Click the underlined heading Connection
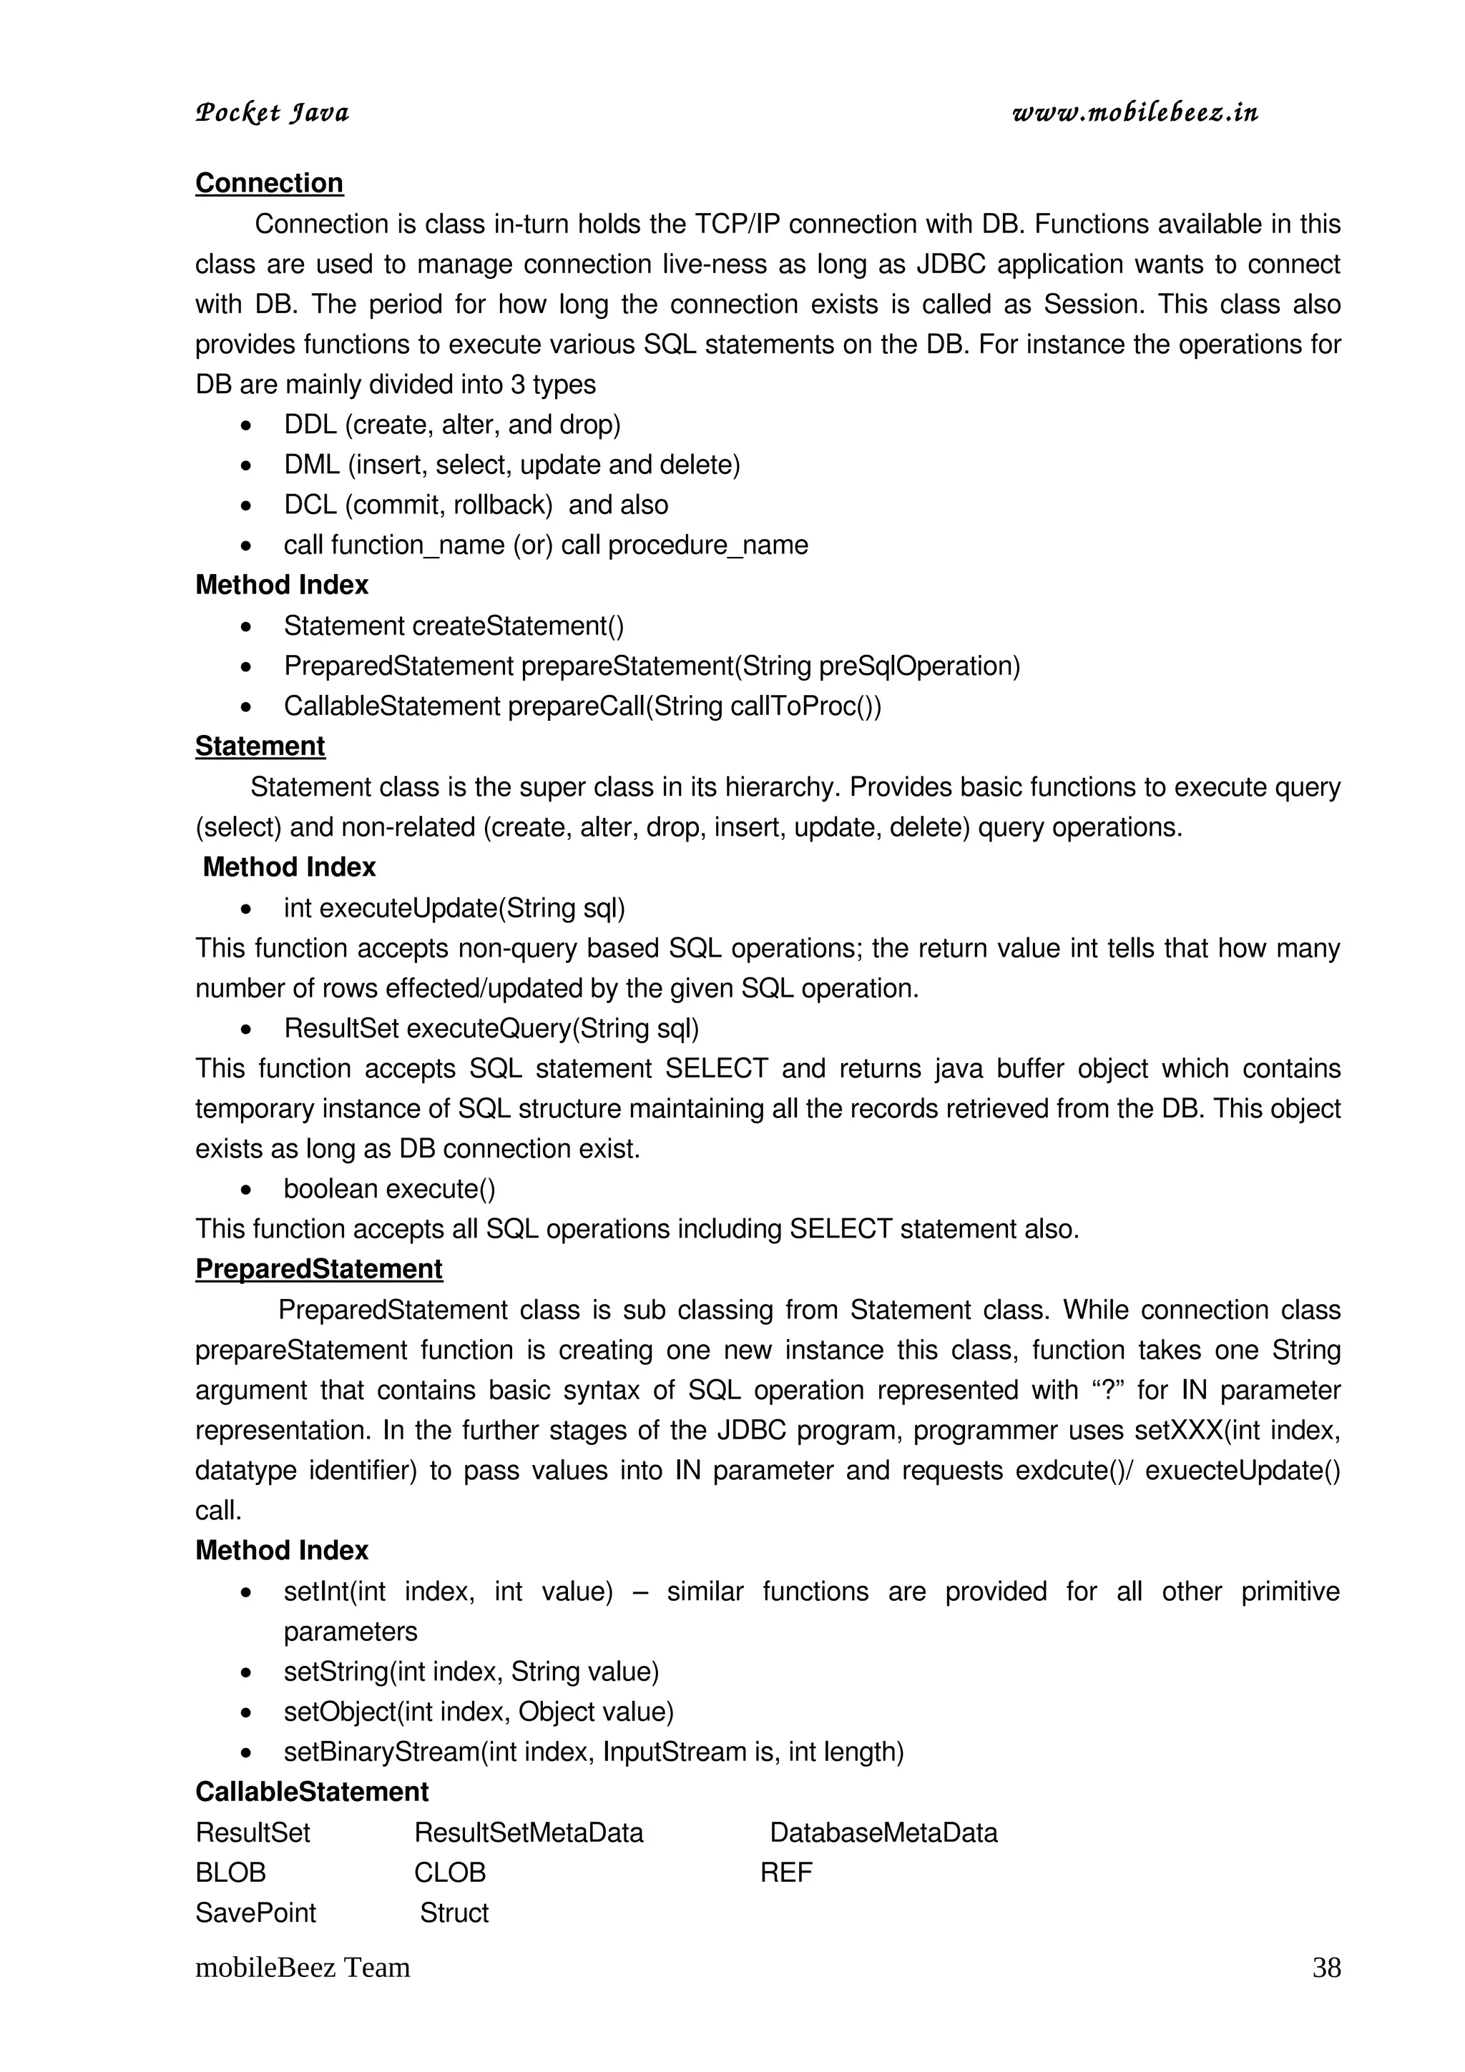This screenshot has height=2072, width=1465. pos(269,183)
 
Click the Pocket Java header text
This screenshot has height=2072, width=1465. pos(272,114)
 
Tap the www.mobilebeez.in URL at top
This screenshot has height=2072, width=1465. pos(1135,113)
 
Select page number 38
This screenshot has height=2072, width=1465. pos(1326,1968)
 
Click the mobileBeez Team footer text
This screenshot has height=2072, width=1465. pos(303,1968)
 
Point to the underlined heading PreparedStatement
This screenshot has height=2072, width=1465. pos(318,1269)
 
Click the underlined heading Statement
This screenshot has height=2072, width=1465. pos(260,746)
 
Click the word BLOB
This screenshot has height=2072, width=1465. pos(230,1873)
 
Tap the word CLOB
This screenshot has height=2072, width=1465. pos(449,1873)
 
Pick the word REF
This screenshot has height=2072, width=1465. pos(786,1873)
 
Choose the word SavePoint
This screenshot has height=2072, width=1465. pos(255,1913)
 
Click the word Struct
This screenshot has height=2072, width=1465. pos(454,1913)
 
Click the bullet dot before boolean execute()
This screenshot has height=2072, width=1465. pos(246,1190)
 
